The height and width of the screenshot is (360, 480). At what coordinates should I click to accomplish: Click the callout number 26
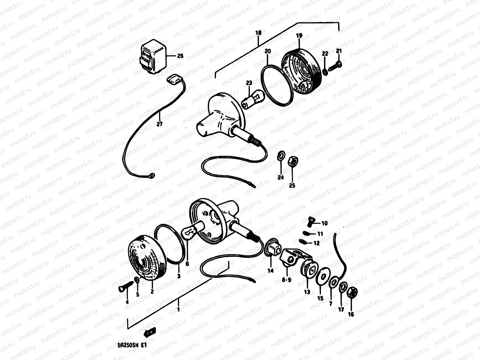point(180,56)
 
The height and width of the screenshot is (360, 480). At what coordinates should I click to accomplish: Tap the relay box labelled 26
point(153,57)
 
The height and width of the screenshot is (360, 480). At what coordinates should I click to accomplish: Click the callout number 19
point(299,35)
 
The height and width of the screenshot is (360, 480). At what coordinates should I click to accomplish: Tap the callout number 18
point(258,33)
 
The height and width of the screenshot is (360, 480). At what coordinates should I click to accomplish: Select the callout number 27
point(159,124)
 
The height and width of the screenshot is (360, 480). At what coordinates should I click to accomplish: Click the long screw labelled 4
point(126,286)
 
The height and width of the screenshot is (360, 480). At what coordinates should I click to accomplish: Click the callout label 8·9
point(286,280)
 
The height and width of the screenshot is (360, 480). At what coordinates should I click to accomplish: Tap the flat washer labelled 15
point(323,277)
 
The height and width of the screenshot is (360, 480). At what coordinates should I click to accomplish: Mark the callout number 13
point(307,292)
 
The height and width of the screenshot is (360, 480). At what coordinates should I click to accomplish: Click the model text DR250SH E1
point(132,345)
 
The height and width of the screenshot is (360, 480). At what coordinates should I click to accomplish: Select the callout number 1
point(178,310)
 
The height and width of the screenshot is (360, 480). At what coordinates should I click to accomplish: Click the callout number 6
point(187,264)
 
